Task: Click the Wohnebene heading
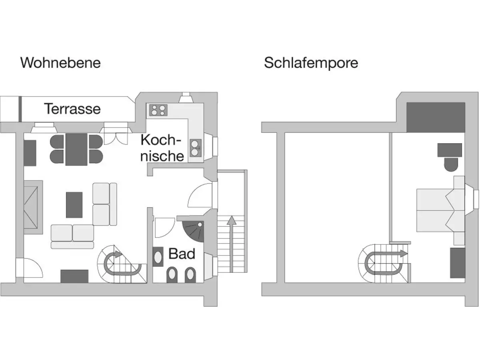click(x=60, y=63)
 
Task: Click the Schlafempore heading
click(x=311, y=63)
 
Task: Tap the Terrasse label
click(x=72, y=109)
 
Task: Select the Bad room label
click(x=182, y=254)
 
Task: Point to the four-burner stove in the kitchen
click(x=158, y=110)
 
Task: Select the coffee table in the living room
click(x=74, y=204)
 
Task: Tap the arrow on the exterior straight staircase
click(x=231, y=240)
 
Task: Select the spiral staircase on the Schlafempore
click(x=380, y=262)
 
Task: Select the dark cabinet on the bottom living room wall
click(x=74, y=276)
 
